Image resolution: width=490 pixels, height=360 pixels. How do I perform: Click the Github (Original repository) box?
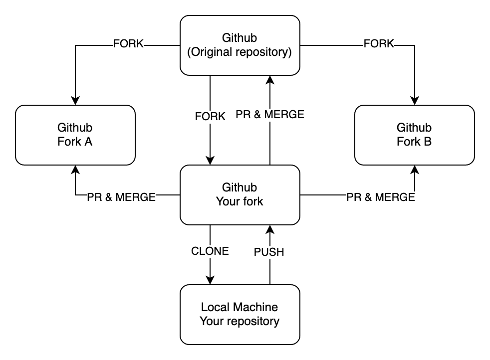240,45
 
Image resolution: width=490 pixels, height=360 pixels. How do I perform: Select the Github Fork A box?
75,135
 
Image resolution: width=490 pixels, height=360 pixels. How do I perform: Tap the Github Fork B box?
414,135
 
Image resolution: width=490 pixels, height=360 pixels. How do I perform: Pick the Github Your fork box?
240,194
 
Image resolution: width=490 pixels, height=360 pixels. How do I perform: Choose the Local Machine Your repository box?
240,314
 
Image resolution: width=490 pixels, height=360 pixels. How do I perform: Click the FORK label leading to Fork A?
128,44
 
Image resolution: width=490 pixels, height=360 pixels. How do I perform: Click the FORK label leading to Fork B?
379,44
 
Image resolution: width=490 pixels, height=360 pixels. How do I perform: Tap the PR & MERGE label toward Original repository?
270,115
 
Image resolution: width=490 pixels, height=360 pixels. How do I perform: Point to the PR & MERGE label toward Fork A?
121,197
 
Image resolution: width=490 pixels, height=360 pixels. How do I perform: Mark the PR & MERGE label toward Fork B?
381,197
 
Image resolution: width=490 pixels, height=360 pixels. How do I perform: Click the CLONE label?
210,251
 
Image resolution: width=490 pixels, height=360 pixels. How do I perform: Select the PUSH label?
269,252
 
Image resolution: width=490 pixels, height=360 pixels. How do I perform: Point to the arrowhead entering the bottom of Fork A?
75,170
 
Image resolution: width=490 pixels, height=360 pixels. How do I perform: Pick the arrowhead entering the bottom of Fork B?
414,170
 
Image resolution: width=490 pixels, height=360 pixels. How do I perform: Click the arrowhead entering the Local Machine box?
210,280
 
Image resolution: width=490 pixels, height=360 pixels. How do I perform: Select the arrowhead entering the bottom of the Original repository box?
270,80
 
